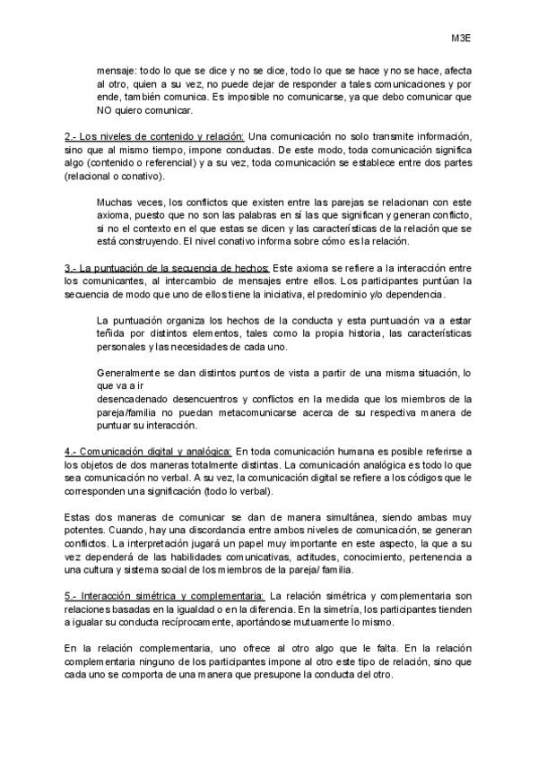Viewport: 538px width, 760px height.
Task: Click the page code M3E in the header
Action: tap(462, 39)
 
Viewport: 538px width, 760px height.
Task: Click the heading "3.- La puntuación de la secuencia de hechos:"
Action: tap(167, 268)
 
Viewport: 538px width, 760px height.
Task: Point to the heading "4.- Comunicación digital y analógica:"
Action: tap(149, 452)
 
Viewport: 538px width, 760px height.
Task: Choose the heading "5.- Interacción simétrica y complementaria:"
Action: tap(164, 595)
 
